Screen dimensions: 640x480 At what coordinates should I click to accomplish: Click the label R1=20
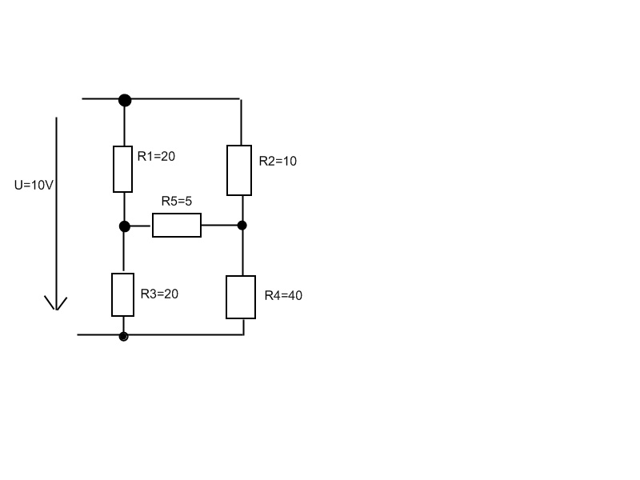(156, 156)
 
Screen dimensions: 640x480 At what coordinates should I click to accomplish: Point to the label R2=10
(278, 162)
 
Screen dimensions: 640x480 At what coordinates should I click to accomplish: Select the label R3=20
(159, 294)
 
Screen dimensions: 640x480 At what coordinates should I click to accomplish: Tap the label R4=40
(284, 295)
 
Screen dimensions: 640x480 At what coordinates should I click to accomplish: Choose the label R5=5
(177, 202)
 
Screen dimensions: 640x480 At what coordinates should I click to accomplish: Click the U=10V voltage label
(34, 186)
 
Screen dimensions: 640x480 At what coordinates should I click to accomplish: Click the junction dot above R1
(125, 100)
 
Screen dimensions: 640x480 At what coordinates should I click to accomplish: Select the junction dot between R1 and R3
(125, 226)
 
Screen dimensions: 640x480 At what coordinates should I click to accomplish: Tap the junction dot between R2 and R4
(242, 226)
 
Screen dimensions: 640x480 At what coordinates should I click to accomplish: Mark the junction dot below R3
(123, 336)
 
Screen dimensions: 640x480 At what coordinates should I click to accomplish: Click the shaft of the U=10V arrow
(56, 212)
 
